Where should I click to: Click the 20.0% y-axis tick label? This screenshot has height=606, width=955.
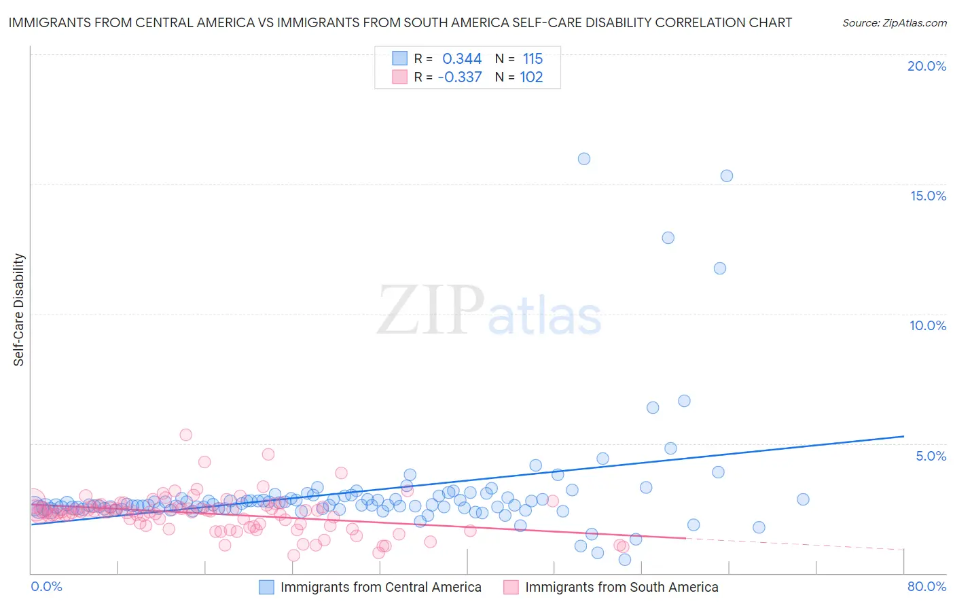point(926,66)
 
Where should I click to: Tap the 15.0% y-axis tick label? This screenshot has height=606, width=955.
point(928,196)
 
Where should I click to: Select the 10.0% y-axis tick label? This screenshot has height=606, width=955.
point(928,325)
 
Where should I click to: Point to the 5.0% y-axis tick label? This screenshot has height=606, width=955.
point(931,456)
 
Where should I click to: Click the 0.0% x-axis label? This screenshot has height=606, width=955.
point(46,586)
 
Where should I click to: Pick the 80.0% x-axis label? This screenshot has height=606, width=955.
point(926,586)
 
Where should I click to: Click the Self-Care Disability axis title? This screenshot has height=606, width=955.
point(19,310)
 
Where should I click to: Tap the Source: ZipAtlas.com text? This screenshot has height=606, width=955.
point(894,23)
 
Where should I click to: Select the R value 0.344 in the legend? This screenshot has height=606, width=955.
point(462,59)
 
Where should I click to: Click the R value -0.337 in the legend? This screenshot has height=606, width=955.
point(460,77)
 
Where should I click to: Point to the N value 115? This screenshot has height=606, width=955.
point(533,59)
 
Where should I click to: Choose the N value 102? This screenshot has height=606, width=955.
point(531,77)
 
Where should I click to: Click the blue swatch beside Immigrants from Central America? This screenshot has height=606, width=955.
point(266,587)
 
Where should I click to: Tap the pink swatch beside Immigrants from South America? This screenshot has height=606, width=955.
point(511,587)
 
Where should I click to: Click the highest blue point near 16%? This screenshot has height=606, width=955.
point(584,159)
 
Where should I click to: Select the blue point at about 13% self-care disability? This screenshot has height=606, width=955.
point(668,238)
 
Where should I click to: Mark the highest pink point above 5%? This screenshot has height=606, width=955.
point(185,435)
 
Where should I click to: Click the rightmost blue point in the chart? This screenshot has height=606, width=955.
point(803,499)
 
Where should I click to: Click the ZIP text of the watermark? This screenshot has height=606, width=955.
point(430,311)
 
